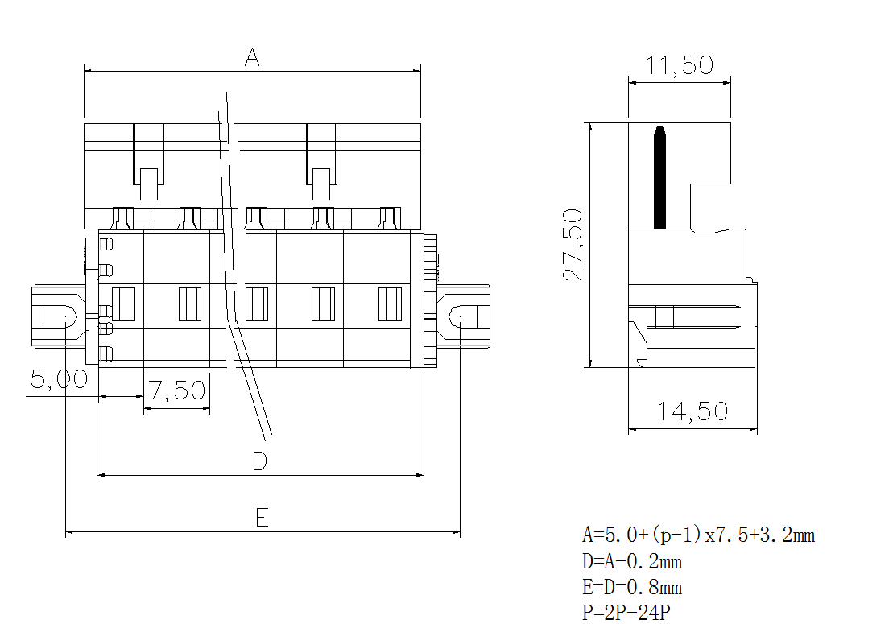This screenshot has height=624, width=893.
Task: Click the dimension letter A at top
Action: coord(252,58)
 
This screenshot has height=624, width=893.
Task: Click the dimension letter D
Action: coord(259,461)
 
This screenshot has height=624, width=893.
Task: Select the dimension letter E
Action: coord(262,518)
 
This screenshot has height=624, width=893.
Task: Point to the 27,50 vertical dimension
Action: coord(573,245)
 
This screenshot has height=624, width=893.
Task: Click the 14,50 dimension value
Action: coord(692,412)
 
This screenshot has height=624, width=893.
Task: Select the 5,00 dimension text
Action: coord(59,379)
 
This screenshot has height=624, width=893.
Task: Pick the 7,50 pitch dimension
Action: coord(177,391)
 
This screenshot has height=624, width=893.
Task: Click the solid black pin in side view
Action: coord(660,177)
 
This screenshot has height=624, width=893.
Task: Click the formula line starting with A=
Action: coord(698,535)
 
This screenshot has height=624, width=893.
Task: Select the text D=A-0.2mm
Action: coord(632,561)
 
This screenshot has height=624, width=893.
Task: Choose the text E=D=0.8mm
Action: coord(632,587)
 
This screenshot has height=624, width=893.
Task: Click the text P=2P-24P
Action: coord(626,613)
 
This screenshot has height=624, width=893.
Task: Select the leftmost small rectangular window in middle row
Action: coord(123,304)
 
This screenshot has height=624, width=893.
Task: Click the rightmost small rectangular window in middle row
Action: coord(391,304)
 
